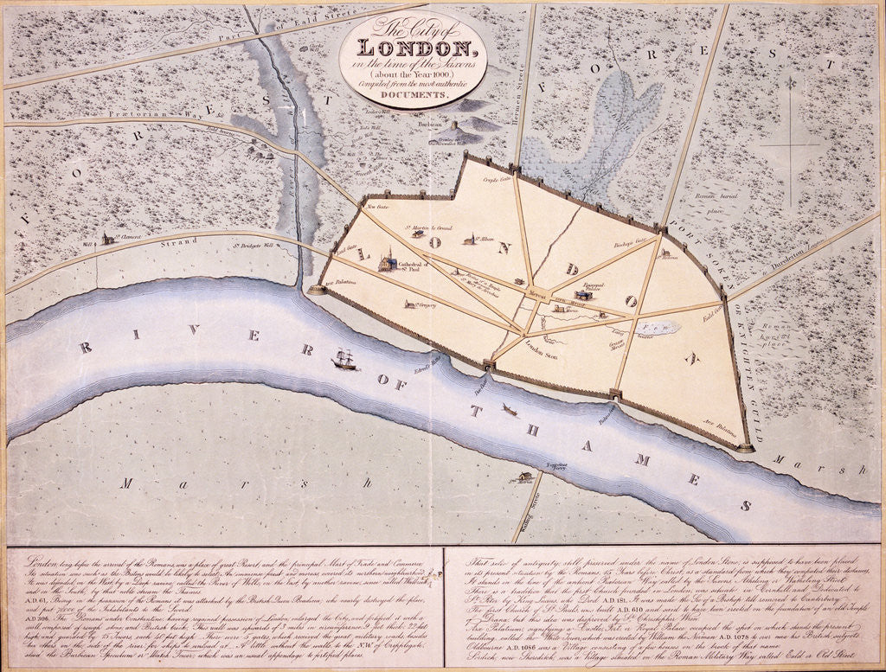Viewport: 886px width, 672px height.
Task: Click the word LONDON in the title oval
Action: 413,48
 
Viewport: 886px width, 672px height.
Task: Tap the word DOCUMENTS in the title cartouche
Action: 413,94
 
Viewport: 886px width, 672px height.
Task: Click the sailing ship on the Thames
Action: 344,359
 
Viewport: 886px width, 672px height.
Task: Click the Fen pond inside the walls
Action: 661,328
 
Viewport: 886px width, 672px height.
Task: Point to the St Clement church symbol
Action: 106,238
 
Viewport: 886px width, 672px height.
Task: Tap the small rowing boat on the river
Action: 509,409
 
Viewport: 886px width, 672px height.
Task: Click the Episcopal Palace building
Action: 583,294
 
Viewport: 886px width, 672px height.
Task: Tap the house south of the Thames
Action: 523,476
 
